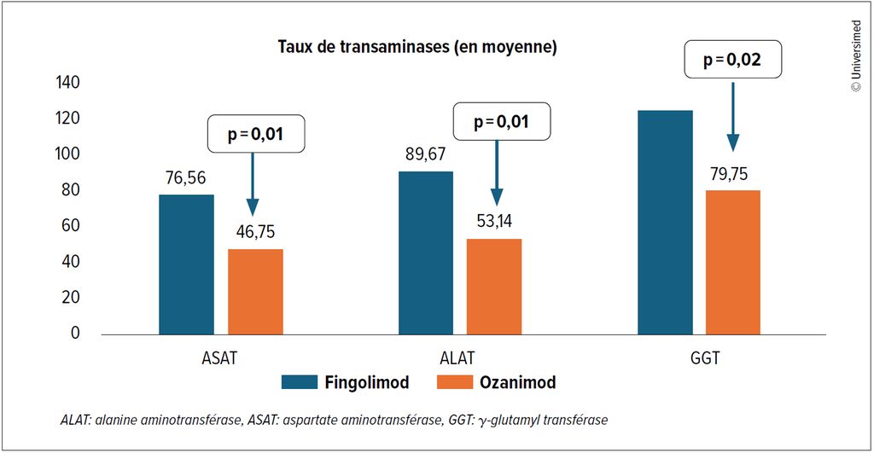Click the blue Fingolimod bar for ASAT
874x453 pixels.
pyautogui.click(x=186, y=264)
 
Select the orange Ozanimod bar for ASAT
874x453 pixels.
pyautogui.click(x=255, y=291)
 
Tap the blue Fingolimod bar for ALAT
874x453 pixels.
pyautogui.click(x=426, y=253)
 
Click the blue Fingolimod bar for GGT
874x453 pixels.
pyautogui.click(x=665, y=222)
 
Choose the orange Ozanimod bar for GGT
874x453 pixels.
pyautogui.click(x=733, y=262)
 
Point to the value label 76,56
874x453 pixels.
pyautogui.click(x=185, y=179)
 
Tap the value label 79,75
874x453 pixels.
pyautogui.click(x=733, y=174)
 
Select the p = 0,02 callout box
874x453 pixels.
pyautogui.click(x=733, y=60)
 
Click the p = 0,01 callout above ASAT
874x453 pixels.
pyautogui.click(x=255, y=134)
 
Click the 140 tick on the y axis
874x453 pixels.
pyautogui.click(x=68, y=83)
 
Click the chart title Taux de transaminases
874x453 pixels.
pyautogui.click(x=417, y=47)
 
